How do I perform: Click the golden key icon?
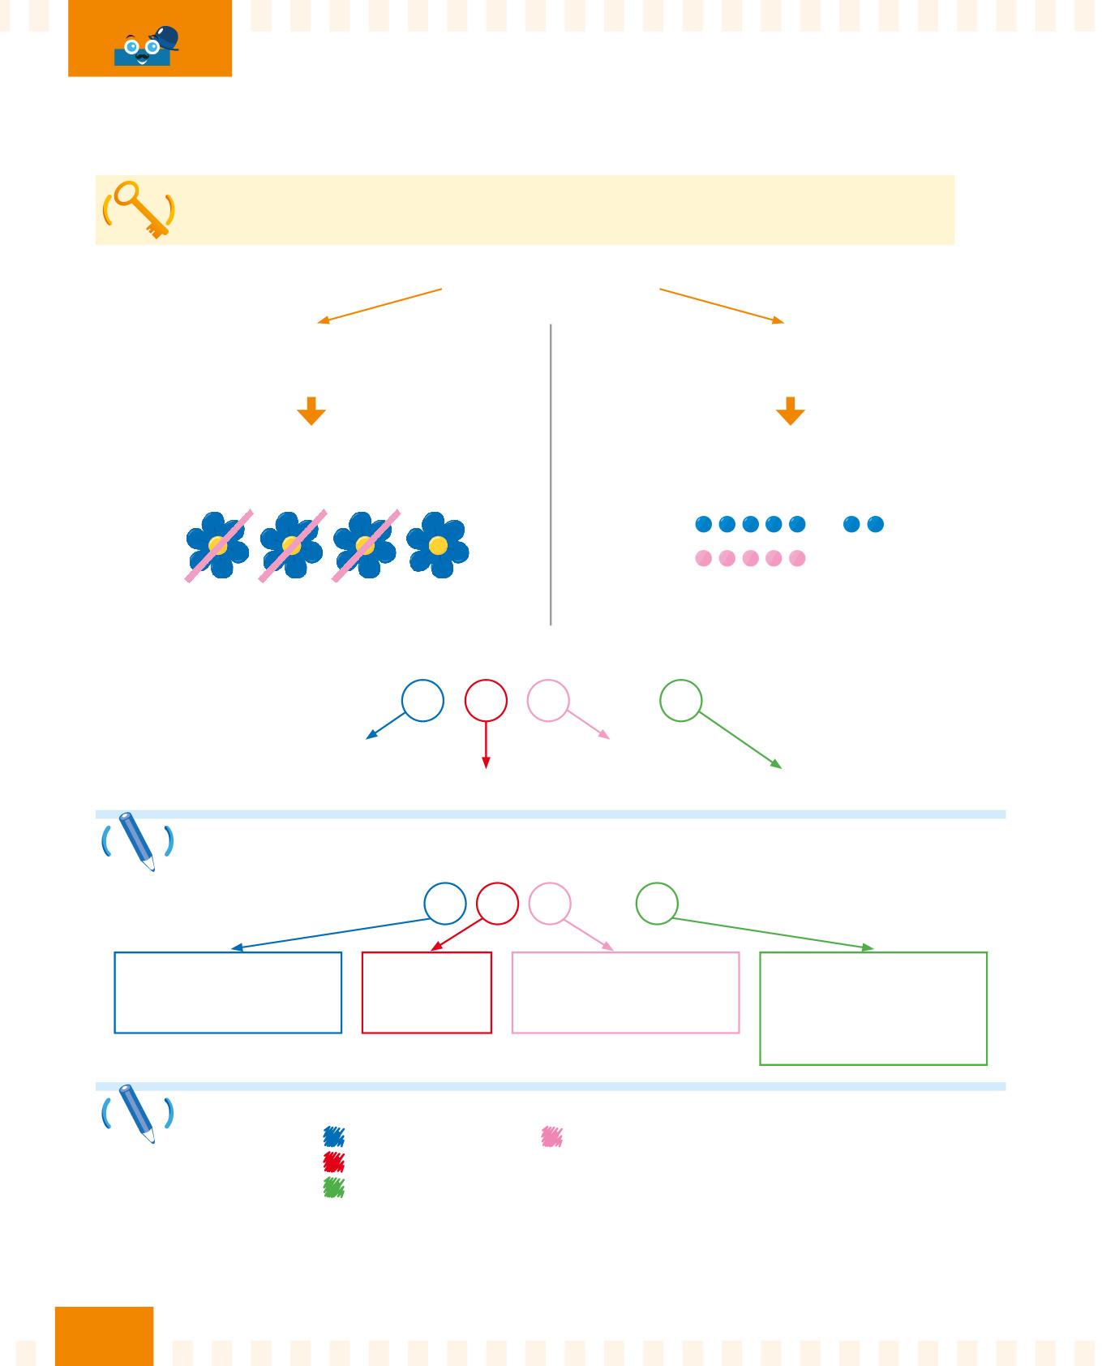(139, 208)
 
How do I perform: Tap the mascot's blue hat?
(165, 38)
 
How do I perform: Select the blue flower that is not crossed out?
(438, 544)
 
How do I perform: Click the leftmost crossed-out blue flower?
(217, 544)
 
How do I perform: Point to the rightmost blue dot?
(875, 524)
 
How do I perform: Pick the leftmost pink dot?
(704, 559)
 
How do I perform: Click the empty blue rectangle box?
(228, 992)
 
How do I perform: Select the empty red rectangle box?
(427, 992)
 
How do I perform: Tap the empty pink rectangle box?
(625, 992)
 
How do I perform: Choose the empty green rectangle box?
(873, 1008)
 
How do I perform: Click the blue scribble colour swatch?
(334, 1136)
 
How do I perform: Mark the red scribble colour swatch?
(334, 1162)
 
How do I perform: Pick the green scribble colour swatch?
(334, 1188)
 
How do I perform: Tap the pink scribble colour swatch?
(552, 1136)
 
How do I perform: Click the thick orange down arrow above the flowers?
(311, 411)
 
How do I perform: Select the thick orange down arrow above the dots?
(791, 411)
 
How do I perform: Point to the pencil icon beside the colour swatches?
(138, 1114)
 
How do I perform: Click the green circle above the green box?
(657, 904)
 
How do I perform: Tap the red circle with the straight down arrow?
(486, 701)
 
